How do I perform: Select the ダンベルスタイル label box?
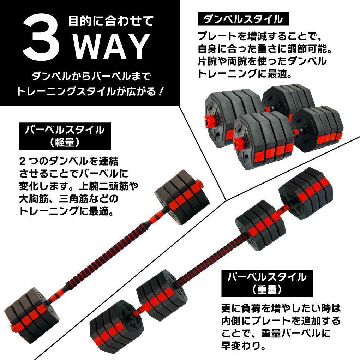coord(243,19)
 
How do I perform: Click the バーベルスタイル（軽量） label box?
coord(64,136)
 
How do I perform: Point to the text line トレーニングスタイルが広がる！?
coord(90,92)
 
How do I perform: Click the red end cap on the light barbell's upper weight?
coord(199,184)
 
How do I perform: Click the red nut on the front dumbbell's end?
coord(238,142)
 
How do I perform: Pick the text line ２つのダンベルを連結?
coord(69,161)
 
